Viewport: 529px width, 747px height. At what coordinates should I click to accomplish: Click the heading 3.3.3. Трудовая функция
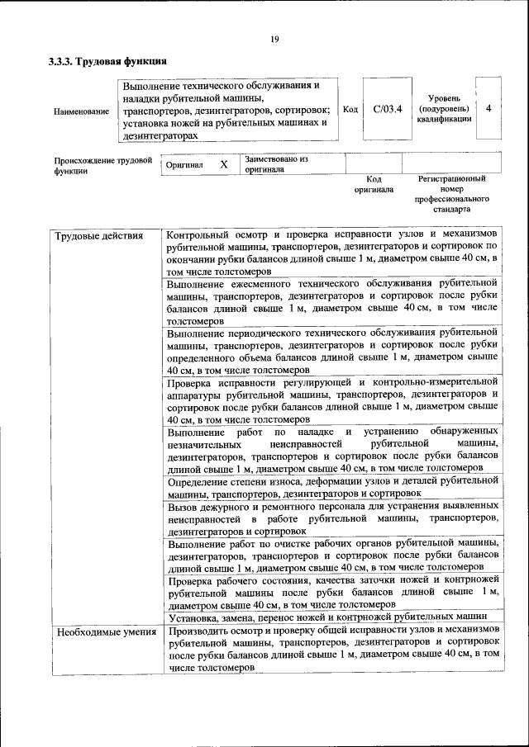tap(108, 61)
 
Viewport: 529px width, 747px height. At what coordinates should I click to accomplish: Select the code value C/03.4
tap(387, 109)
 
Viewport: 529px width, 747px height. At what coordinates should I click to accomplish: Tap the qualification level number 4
tap(489, 109)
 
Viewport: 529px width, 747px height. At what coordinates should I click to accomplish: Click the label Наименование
tap(81, 111)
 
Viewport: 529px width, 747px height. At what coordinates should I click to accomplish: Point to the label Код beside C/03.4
tap(350, 109)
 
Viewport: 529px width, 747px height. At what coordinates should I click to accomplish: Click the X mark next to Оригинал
tap(223, 164)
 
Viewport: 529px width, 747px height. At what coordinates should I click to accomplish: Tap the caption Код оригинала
tap(373, 183)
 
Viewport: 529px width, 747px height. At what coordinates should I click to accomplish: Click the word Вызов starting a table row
tap(183, 504)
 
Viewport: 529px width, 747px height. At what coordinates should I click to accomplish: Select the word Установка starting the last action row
tap(193, 617)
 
